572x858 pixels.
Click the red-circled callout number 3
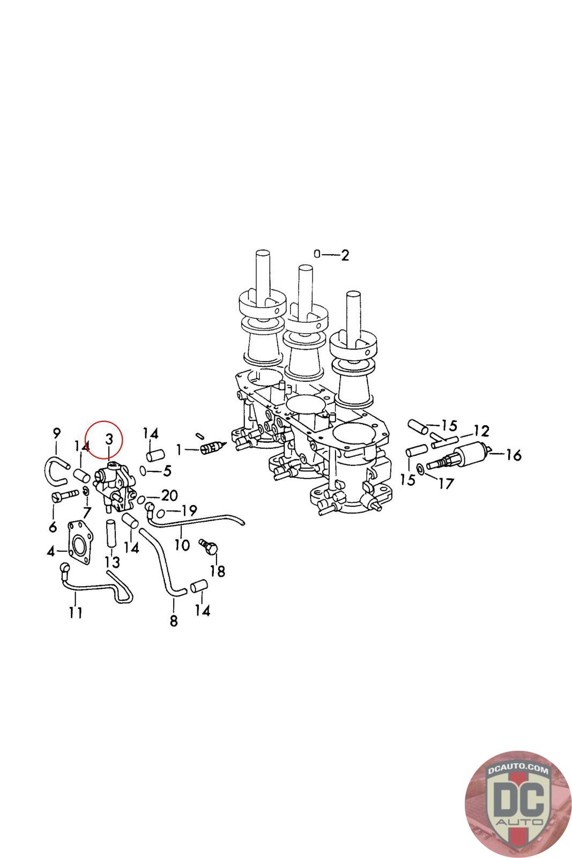tap(109, 439)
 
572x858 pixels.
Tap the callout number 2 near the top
tap(345, 255)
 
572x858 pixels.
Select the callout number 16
tap(514, 455)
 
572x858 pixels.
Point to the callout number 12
tap(481, 431)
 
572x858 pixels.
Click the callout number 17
tap(446, 484)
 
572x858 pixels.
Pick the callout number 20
tap(169, 495)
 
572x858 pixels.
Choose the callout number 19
tap(189, 510)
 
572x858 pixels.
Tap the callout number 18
tap(218, 571)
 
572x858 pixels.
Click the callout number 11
tap(76, 612)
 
